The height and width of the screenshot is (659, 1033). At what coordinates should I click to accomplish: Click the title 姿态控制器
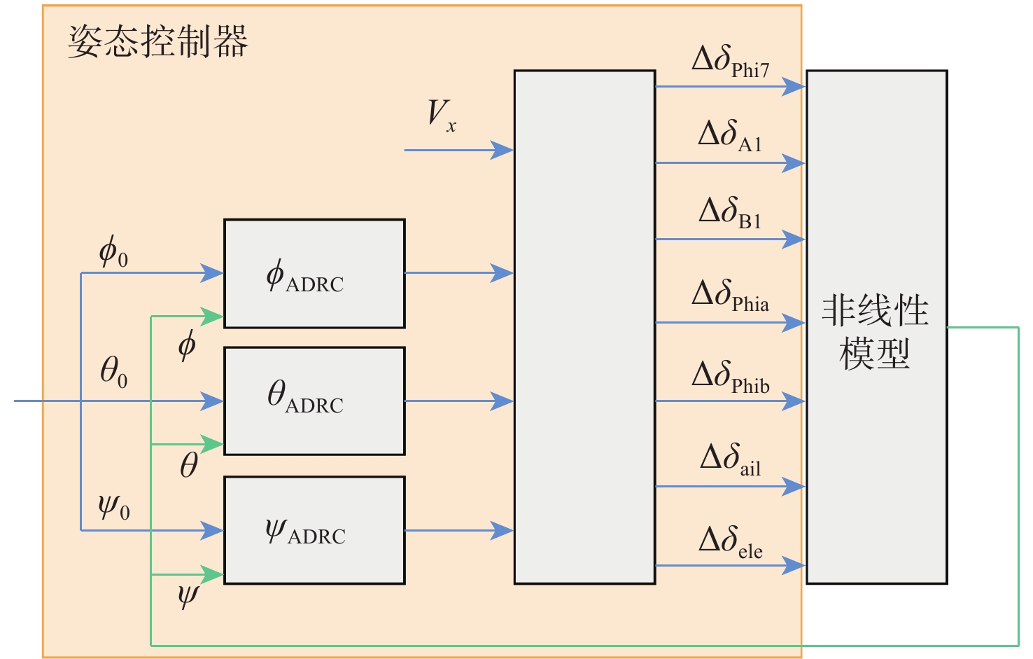tap(158, 41)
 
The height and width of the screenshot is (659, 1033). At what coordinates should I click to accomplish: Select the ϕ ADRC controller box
tap(314, 274)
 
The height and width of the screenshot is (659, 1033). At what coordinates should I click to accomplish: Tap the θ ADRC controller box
tap(314, 401)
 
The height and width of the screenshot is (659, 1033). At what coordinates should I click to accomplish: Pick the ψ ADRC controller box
tap(314, 530)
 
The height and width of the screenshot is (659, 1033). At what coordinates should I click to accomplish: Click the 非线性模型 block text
tap(875, 331)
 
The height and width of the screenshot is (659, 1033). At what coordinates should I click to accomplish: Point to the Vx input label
tap(442, 116)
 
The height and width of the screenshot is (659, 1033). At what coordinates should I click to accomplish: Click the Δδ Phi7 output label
tap(730, 62)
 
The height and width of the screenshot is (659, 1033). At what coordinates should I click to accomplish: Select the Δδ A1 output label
tap(730, 136)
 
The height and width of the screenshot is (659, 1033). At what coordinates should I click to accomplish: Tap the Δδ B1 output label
tap(730, 212)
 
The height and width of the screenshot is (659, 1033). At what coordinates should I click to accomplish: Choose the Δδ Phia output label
tap(730, 296)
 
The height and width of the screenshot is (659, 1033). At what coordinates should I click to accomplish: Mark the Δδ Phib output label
tap(730, 377)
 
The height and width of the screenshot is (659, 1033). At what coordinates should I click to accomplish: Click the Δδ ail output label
tap(730, 460)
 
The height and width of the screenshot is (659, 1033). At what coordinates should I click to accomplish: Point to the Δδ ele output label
tap(730, 542)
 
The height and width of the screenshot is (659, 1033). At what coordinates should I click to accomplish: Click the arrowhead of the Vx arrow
tap(503, 150)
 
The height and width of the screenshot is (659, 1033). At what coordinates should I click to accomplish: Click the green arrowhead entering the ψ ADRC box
tap(212, 574)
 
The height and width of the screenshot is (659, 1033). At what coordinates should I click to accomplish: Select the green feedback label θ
tap(188, 465)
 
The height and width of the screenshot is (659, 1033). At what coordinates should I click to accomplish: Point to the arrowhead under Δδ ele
tap(794, 565)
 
